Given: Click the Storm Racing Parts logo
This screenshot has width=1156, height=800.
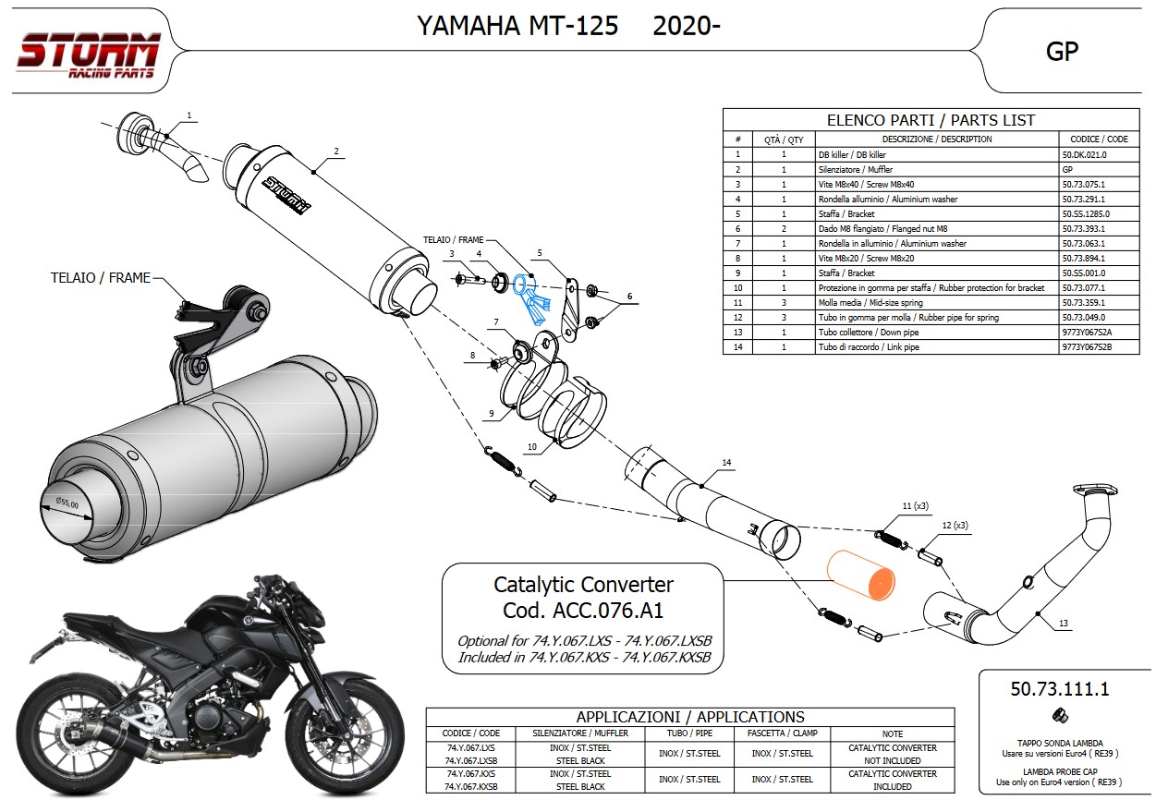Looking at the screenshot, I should (x=88, y=55).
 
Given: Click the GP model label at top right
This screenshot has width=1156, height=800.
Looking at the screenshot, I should (x=1062, y=51).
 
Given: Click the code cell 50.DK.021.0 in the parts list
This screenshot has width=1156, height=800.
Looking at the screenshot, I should (x=1084, y=154).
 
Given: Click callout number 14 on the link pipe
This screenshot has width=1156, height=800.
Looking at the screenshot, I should (x=726, y=462).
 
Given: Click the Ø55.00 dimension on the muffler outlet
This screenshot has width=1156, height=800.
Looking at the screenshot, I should (x=67, y=504).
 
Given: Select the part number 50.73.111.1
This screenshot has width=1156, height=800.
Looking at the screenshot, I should (x=1059, y=688).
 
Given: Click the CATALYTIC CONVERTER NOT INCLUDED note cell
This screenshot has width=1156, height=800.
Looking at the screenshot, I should (x=892, y=754).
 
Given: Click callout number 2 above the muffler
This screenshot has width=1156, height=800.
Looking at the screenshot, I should (x=336, y=151).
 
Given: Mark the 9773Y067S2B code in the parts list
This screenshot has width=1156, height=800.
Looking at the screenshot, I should (x=1086, y=346).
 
